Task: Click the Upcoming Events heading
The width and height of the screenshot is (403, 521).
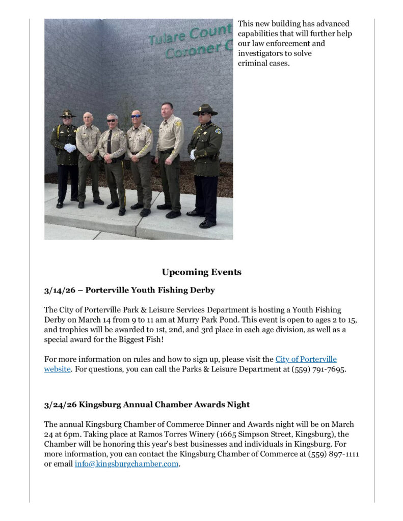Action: pyautogui.click(x=201, y=272)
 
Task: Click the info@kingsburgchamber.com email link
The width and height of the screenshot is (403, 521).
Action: pyautogui.click(x=126, y=464)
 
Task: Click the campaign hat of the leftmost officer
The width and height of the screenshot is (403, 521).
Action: pyautogui.click(x=67, y=113)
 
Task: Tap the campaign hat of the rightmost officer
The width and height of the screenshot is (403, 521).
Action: pyautogui.click(x=205, y=109)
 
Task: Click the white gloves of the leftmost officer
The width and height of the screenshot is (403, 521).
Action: pyautogui.click(x=70, y=148)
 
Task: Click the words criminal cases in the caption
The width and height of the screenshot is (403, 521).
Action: pyautogui.click(x=263, y=63)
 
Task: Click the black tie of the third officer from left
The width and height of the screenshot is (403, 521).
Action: pyautogui.click(x=110, y=142)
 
